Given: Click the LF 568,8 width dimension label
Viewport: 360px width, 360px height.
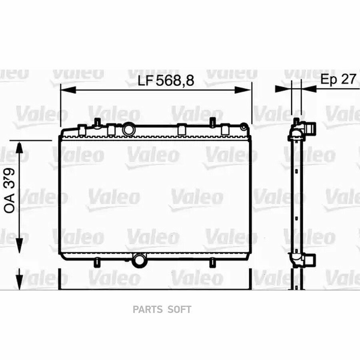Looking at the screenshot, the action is (166, 80).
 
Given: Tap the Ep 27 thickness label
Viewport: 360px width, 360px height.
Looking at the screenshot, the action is (338, 79).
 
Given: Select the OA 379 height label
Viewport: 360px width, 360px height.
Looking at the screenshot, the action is (10, 190).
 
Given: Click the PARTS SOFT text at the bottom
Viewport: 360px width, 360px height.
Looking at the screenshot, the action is (162, 310).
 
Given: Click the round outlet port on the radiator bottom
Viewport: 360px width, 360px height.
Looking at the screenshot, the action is (139, 260).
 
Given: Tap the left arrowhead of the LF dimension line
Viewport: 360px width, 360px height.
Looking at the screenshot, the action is (68, 90).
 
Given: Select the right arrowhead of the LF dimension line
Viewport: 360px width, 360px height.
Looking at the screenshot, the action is (243, 90).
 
